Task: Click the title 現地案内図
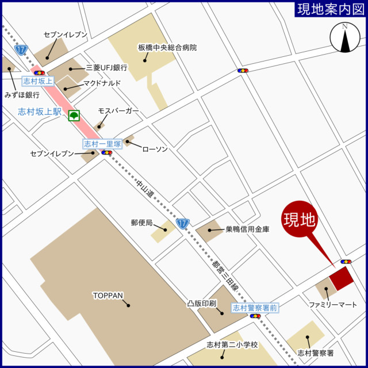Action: (330, 9)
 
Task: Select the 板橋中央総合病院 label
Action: (167, 47)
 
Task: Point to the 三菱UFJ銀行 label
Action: (106, 67)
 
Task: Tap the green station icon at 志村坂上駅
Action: (74, 116)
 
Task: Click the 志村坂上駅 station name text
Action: (39, 112)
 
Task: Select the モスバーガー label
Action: (118, 110)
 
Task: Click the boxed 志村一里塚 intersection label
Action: (102, 144)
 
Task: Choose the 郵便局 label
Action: (141, 222)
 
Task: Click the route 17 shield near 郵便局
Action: (182, 223)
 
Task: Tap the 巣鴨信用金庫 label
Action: (247, 229)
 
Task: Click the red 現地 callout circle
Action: (300, 219)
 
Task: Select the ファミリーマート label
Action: (333, 304)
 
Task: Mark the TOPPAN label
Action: (108, 296)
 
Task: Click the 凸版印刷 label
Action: (201, 302)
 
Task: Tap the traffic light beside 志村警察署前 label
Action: (255, 316)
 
